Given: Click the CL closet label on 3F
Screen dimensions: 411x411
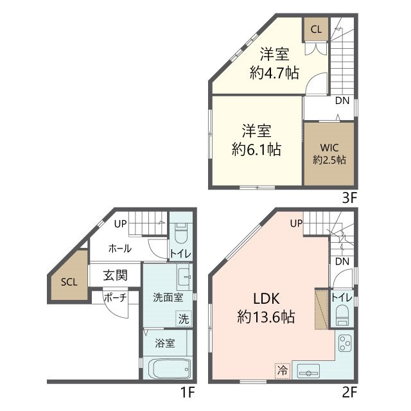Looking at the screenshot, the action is (x=316, y=30).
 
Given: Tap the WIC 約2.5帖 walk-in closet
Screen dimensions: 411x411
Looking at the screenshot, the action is (x=329, y=154).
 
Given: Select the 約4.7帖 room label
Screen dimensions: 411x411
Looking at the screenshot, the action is (x=274, y=73).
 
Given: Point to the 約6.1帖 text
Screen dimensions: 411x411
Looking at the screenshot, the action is (x=256, y=150).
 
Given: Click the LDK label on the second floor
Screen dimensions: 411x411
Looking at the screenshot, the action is (x=267, y=299).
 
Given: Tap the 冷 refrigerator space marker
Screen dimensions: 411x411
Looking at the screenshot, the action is (x=283, y=371).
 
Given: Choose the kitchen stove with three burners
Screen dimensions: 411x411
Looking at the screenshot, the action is (x=345, y=343).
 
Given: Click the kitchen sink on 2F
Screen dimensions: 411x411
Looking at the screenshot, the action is (x=308, y=371).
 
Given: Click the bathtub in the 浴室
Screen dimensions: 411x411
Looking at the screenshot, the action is (x=170, y=369).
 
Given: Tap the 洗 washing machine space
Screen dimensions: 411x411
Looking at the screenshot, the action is (x=184, y=319).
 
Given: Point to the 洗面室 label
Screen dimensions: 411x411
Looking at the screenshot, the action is (x=168, y=298).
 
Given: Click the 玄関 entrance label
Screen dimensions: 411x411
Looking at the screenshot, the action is (x=115, y=275).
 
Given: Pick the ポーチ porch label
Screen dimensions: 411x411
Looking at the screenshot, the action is (x=116, y=298).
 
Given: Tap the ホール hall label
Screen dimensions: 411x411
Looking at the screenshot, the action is (x=120, y=249).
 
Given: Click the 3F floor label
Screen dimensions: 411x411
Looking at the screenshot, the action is (x=349, y=198).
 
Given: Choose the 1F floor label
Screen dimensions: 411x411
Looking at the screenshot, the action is (x=188, y=392).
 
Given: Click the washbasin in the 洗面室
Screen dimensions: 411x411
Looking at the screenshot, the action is (x=184, y=277).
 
